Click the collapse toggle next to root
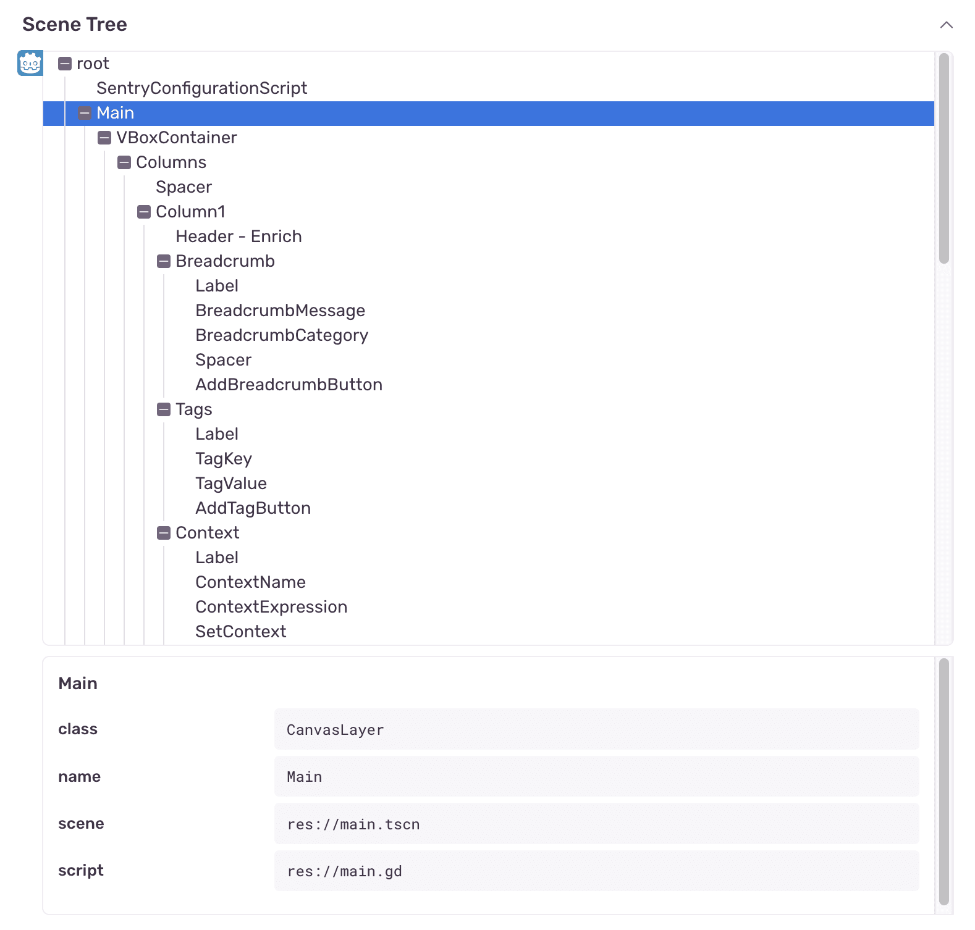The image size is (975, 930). point(65,64)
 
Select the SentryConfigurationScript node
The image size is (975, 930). point(201,88)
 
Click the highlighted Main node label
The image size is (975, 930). point(115,113)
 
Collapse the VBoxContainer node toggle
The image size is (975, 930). point(104,138)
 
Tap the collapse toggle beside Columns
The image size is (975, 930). point(124,162)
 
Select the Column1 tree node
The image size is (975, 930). point(190,212)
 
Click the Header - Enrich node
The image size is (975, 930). point(238,237)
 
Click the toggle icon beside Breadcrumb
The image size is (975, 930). point(164,261)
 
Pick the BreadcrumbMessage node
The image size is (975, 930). point(280,311)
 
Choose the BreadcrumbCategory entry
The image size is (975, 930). point(282,335)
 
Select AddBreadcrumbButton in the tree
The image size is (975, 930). point(289,385)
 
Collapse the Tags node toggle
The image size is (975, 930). point(164,409)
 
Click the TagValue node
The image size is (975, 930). point(231,484)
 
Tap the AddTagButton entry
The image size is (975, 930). point(253,508)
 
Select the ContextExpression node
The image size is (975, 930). point(271,607)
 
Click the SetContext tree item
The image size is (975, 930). point(240,632)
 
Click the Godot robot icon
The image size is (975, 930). point(30,63)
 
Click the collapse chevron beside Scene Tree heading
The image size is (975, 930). point(946,25)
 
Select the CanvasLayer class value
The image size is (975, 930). point(335,730)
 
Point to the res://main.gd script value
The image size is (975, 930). point(344,871)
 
